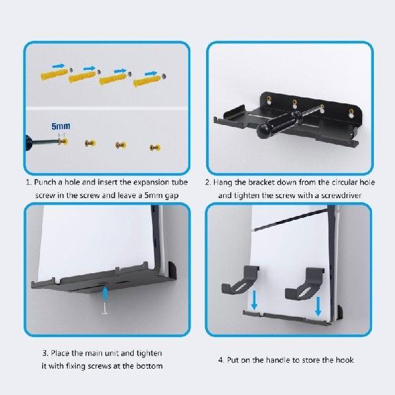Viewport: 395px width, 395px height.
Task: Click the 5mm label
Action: tap(60, 125)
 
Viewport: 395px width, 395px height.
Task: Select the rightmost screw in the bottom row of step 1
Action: tap(154, 146)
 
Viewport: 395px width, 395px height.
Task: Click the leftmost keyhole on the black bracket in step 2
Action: tap(270, 101)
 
